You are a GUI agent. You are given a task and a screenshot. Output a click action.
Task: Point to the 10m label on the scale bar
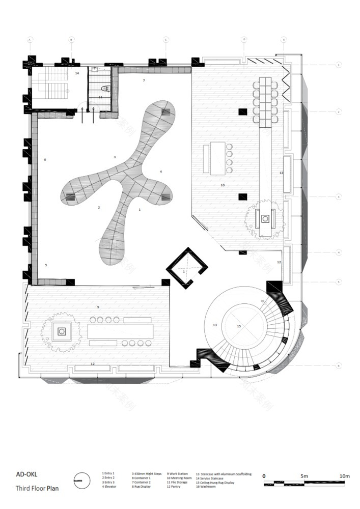point(344,476)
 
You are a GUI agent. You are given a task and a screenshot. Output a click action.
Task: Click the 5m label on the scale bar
point(304,476)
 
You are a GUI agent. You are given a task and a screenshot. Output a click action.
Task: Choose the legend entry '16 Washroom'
point(205,487)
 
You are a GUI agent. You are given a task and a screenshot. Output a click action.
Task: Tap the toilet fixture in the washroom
point(105,88)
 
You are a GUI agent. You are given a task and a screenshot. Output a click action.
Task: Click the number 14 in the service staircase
point(77,73)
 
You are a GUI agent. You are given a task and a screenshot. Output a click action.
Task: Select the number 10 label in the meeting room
point(222,185)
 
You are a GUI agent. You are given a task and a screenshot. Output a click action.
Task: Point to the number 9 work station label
point(98,307)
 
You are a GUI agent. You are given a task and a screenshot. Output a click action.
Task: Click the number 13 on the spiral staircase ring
point(214,325)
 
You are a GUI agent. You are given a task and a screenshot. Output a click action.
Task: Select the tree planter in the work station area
point(62,332)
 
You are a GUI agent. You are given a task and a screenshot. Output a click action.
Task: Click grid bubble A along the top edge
point(30,39)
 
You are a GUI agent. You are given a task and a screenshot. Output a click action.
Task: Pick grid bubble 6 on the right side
point(338,365)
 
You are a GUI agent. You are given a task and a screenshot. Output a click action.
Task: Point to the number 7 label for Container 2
point(144,81)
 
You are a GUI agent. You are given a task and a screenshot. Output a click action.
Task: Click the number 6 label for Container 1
point(45,160)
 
